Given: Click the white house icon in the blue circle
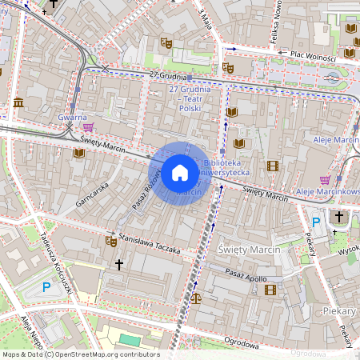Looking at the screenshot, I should (x=180, y=173).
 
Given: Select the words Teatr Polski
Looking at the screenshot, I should (x=190, y=103).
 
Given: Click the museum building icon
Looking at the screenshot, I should (x=18, y=102).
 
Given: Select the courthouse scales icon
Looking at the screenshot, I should (x=196, y=297).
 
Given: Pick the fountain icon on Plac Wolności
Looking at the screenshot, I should (x=332, y=77).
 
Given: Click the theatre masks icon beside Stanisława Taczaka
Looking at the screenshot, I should (x=110, y=241).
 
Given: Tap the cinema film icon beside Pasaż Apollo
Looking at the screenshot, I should (x=270, y=289).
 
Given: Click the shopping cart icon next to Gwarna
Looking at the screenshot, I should (x=87, y=126).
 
